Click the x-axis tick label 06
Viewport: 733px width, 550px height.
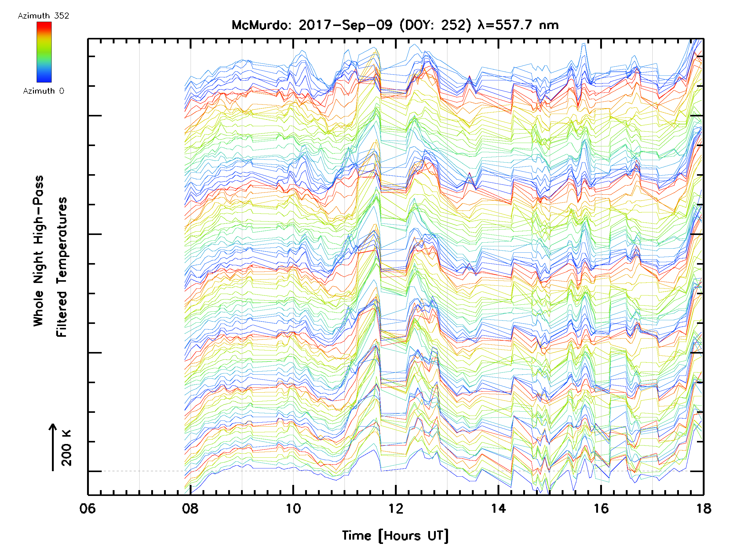click(x=87, y=508)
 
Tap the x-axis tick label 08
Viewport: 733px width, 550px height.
click(x=190, y=508)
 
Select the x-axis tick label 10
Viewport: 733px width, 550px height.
click(x=293, y=508)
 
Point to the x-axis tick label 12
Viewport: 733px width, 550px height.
click(x=396, y=508)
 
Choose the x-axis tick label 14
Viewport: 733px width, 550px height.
click(x=498, y=508)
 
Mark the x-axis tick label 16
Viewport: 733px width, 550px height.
click(x=601, y=508)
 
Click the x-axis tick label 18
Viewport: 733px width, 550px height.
click(x=703, y=508)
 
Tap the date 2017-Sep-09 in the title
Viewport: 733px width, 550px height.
click(x=345, y=25)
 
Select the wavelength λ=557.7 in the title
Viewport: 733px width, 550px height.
click(x=505, y=25)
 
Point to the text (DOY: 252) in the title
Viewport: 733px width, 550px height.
click(x=435, y=25)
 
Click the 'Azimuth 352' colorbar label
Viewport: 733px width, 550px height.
click(x=43, y=16)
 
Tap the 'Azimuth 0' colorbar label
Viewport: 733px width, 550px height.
click(x=43, y=91)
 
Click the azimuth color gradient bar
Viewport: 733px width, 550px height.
click(x=44, y=52)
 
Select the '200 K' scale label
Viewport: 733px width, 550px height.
click(x=66, y=448)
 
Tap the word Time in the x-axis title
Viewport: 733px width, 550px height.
click(x=356, y=535)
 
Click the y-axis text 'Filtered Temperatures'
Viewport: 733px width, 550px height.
click(x=62, y=267)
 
